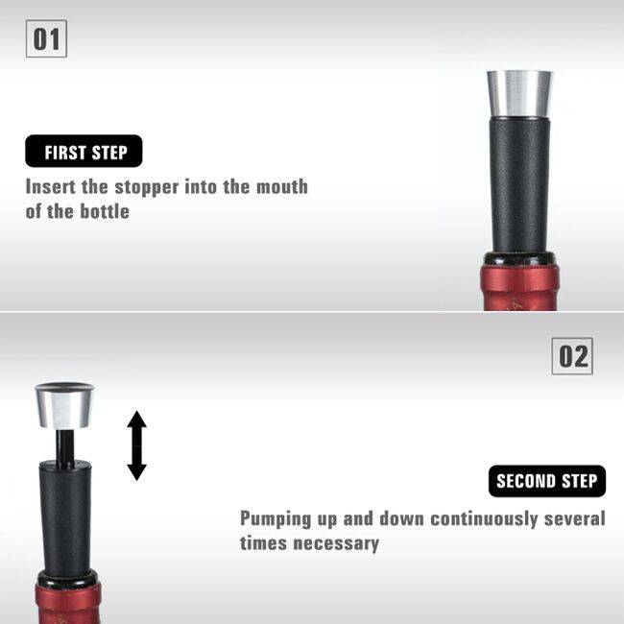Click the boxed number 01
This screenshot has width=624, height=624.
46,38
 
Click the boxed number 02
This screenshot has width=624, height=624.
572,356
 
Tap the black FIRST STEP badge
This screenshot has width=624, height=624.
84,152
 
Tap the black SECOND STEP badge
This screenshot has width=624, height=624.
547,481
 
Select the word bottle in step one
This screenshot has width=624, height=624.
105,211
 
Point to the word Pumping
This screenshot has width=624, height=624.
276,519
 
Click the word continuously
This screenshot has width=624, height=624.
484,519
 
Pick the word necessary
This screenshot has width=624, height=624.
336,544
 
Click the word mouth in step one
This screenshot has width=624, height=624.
281,186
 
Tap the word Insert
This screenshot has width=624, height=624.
51,186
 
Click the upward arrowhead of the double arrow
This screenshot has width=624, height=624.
137,420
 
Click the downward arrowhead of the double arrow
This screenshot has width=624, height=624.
137,472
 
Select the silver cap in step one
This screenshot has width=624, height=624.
519,95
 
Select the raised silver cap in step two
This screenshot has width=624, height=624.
65,405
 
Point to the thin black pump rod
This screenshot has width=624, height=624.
64,446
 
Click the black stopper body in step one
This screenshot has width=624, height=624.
519,185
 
